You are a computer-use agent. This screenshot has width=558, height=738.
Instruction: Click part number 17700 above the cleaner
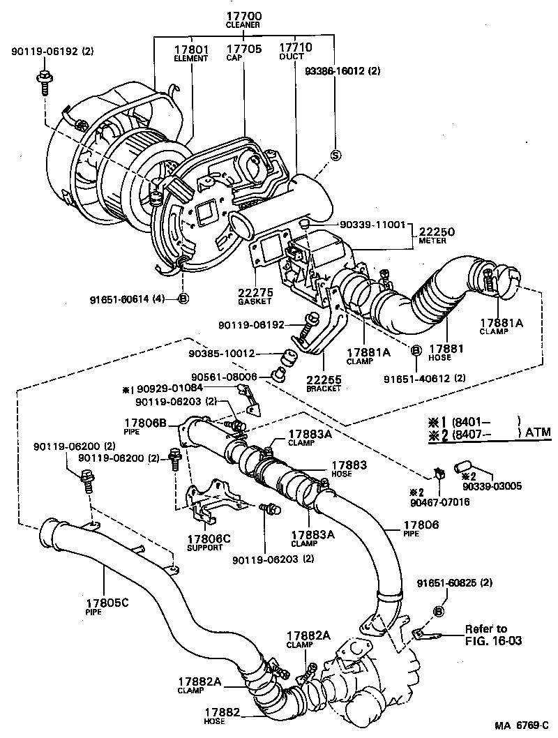243,15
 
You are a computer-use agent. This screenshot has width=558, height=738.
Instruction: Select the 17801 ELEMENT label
190,52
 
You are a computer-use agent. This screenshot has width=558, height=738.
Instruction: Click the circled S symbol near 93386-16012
335,156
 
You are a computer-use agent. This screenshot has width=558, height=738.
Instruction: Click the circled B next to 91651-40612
415,351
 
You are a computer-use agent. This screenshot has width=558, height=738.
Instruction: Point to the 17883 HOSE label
347,468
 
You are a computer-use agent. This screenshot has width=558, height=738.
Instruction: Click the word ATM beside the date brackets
538,432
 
